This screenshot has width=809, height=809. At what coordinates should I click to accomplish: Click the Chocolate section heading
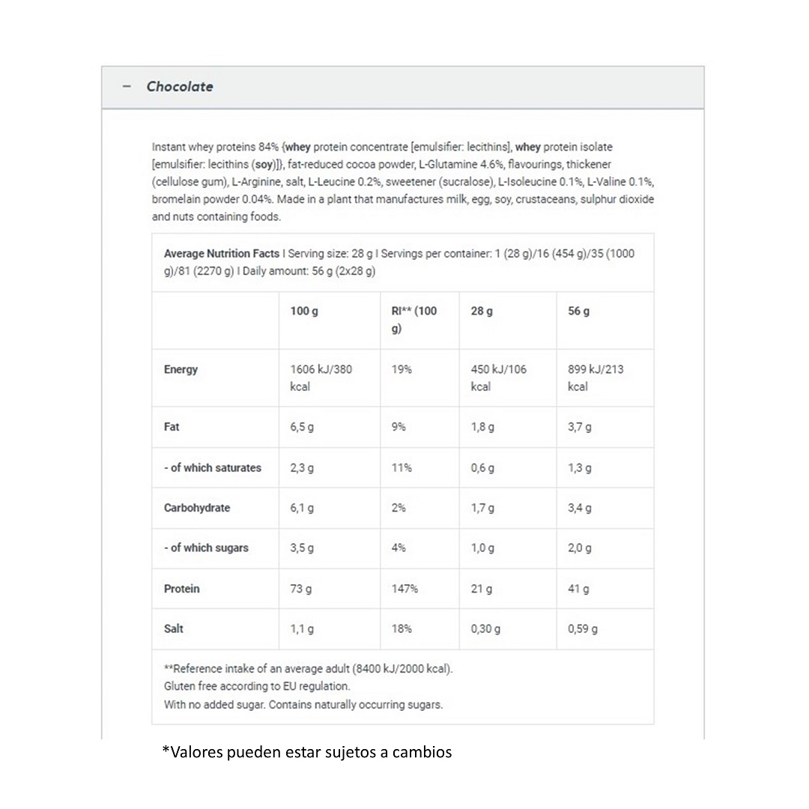[180, 87]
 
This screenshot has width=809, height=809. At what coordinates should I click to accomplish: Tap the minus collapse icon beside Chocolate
[127, 87]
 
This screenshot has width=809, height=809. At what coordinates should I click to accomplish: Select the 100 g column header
[304, 311]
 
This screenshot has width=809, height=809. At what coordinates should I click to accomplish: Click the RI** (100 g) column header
[414, 319]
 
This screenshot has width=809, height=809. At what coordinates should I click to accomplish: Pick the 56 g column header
[578, 311]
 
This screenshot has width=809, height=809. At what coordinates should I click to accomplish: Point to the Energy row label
[181, 369]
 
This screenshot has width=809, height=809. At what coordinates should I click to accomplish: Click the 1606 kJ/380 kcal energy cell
[321, 378]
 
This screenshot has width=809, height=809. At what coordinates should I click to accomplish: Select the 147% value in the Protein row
[404, 589]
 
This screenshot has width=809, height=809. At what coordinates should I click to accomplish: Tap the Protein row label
[182, 589]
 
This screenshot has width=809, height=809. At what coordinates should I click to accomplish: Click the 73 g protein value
[301, 589]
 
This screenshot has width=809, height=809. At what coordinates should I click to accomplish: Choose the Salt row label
[174, 628]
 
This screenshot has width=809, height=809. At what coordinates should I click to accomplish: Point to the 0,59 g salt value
[583, 628]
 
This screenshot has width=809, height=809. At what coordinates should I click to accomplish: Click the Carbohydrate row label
[197, 508]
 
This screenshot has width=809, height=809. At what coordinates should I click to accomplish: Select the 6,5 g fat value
[302, 427]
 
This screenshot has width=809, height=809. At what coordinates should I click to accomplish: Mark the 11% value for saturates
[402, 467]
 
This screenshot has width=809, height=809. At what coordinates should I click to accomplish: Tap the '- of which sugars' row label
[206, 548]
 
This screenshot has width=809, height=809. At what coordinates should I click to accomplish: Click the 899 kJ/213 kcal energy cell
[596, 378]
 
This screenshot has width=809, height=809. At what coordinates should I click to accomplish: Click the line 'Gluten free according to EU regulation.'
[257, 686]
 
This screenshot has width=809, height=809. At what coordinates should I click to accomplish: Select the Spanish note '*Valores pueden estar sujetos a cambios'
[307, 751]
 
